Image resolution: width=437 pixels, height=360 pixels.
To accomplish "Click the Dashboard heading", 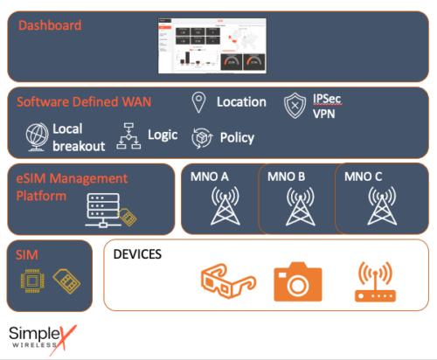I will [50, 25].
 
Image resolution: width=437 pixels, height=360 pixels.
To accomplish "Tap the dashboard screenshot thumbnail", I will [213, 45].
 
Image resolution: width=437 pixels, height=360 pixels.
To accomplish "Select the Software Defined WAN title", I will [84, 102].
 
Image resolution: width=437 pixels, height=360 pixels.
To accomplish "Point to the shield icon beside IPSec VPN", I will [295, 106].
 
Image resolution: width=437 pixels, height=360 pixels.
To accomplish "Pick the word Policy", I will [238, 138].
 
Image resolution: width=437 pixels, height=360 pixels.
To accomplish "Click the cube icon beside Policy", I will [202, 138].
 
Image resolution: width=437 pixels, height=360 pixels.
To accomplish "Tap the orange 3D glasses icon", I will [225, 280].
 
